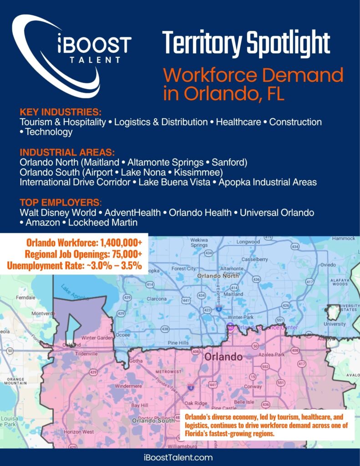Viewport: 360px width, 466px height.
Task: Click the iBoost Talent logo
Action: [73, 55]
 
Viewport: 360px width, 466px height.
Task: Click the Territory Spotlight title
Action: [246, 44]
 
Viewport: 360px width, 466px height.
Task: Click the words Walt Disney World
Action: [58, 213]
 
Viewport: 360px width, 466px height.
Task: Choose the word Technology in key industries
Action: [49, 132]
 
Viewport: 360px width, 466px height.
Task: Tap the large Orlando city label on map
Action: [223, 356]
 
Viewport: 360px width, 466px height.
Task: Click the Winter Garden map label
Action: [96, 338]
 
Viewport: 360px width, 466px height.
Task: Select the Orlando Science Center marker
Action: [230, 327]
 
